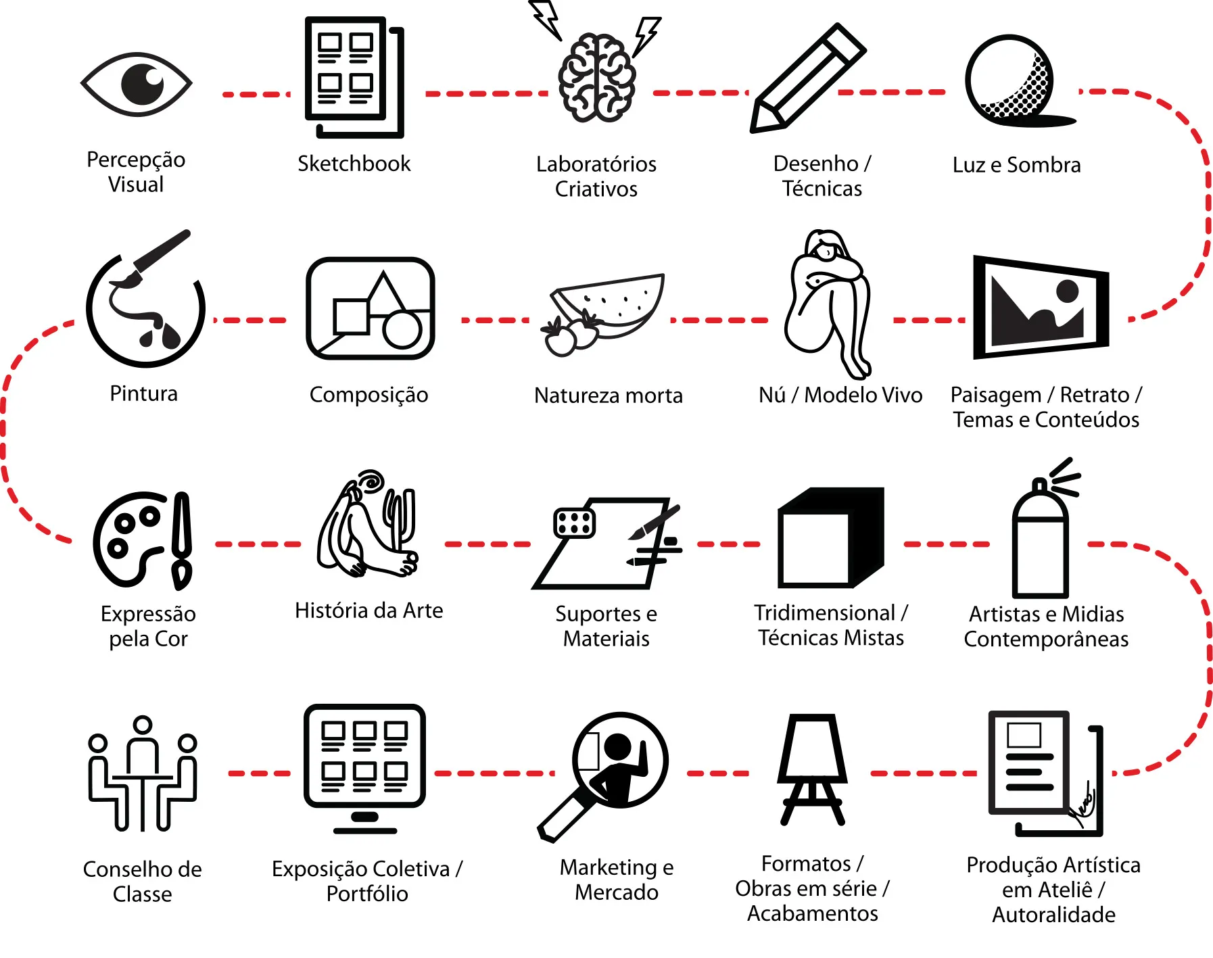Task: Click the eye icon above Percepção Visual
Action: tap(137, 85)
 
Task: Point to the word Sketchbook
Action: tap(354, 164)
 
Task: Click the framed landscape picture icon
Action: tap(1039, 307)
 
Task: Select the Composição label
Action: tap(368, 395)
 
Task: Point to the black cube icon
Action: tap(830, 537)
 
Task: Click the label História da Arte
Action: tap(368, 610)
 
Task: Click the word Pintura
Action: tap(143, 393)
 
